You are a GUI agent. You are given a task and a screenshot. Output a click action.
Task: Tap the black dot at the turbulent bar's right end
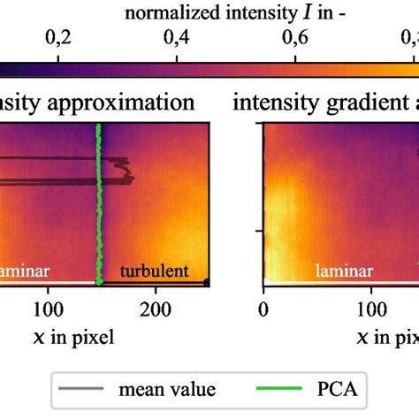point(207,282)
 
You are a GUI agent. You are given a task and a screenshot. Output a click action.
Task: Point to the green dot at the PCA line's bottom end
point(99,282)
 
